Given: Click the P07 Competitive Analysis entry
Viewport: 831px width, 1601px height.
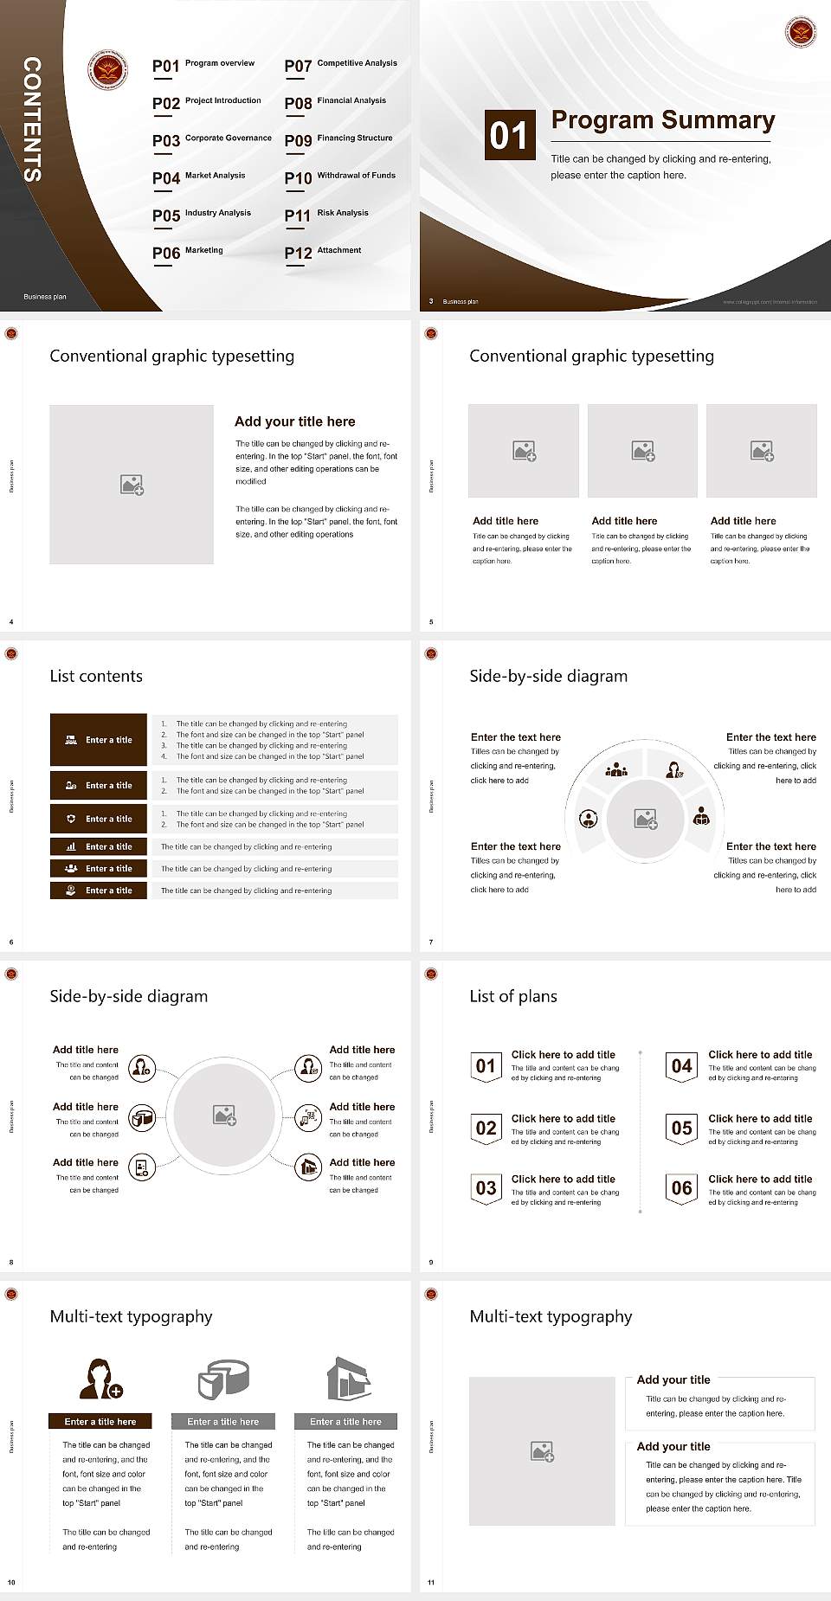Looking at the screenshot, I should [341, 65].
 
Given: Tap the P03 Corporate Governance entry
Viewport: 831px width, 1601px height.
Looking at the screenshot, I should [212, 139].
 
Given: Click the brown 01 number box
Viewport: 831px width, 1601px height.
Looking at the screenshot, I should [508, 135].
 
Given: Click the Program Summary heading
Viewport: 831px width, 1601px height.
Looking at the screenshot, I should [662, 120].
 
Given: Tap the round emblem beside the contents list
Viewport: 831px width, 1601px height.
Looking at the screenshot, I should [108, 69].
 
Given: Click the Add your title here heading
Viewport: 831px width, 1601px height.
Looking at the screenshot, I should [294, 421].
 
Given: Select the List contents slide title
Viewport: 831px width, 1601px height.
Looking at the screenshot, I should [96, 676].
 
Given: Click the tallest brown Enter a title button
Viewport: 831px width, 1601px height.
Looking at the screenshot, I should [99, 740].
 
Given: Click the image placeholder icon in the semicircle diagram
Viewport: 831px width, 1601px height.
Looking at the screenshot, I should [646, 818].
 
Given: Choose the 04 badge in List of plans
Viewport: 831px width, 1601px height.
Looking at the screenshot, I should [682, 1066].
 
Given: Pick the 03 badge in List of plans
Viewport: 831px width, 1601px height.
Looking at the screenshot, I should [486, 1188].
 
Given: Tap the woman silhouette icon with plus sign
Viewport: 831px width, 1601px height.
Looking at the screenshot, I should [101, 1379].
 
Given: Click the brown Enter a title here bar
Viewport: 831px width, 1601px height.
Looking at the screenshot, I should [100, 1421].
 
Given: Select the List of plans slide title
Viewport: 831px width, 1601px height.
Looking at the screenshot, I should [513, 996].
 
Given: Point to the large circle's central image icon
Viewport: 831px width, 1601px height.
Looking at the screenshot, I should [225, 1116].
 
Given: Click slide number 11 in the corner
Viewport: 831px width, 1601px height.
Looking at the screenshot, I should [431, 1583].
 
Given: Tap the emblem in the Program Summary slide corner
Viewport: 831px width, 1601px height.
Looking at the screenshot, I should [800, 33].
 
